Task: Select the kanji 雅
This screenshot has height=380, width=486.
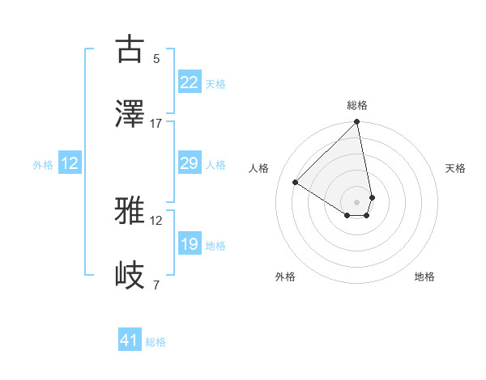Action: click(x=130, y=211)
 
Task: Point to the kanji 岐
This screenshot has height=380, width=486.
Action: click(x=130, y=276)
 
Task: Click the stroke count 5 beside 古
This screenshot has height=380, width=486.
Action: click(x=156, y=58)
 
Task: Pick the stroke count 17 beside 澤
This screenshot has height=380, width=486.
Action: click(x=156, y=123)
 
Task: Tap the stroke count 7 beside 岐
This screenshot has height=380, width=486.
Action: click(x=156, y=285)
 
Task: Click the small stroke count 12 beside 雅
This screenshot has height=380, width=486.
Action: click(x=156, y=220)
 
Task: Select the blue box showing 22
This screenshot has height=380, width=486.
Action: click(x=189, y=82)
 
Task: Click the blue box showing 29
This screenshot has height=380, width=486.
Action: click(x=189, y=163)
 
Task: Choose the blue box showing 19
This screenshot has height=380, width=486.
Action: click(x=189, y=244)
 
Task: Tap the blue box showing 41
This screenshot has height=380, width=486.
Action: click(x=130, y=340)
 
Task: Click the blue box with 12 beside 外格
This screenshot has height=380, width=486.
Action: click(x=70, y=163)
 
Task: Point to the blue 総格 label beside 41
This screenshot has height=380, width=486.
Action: click(x=156, y=342)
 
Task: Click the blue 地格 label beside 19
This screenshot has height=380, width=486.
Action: click(x=215, y=246)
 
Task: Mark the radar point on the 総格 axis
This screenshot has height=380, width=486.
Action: click(x=356, y=122)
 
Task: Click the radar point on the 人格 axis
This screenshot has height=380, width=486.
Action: click(x=296, y=183)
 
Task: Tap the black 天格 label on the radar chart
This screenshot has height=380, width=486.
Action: click(x=456, y=168)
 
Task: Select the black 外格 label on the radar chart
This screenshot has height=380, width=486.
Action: click(x=285, y=277)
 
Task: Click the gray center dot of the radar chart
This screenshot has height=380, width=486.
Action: click(x=356, y=201)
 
